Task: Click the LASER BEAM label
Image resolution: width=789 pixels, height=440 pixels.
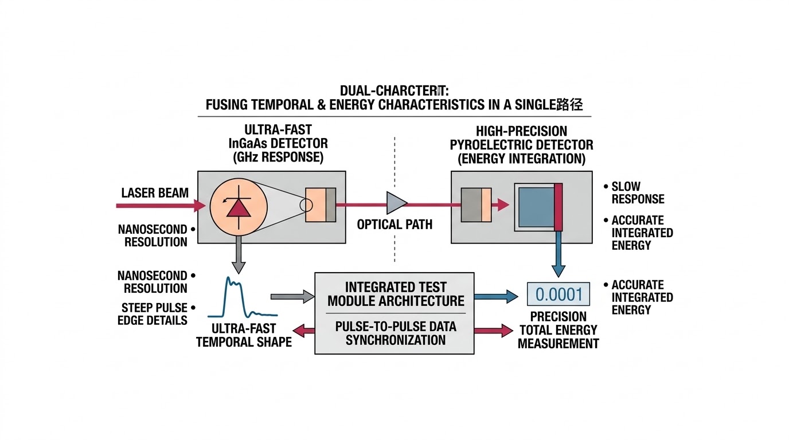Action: tap(155, 192)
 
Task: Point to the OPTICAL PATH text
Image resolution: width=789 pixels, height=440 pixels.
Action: tap(394, 224)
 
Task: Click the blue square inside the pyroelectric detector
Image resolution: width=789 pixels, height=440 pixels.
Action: tap(535, 207)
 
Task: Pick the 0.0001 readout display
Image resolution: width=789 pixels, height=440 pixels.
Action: tap(558, 294)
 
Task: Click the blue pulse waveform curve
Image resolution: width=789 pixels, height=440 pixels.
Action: tap(241, 298)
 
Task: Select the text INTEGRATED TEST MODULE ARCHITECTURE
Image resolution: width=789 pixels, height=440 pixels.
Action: tap(395, 293)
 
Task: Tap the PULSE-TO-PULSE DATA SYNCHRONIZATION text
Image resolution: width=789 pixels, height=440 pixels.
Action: tap(395, 333)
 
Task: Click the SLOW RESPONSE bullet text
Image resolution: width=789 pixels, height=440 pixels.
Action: tap(637, 192)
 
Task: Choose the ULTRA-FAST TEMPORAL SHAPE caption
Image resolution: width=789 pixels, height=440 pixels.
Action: tap(244, 335)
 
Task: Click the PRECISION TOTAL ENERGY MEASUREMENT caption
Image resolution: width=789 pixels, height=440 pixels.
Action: tap(558, 330)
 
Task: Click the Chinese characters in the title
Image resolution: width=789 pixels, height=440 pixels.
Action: tap(571, 105)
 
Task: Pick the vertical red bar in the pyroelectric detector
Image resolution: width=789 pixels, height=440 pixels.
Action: tap(558, 207)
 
